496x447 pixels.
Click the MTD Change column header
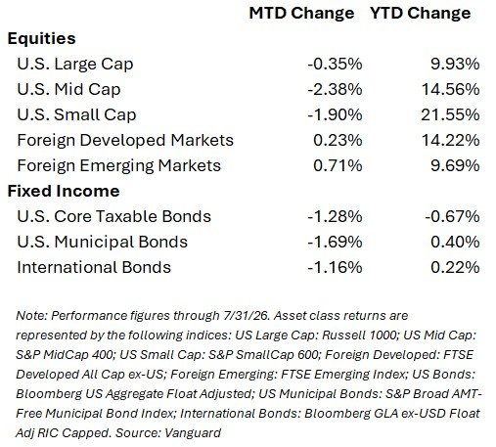tap(301, 14)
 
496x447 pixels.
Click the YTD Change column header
tap(421, 14)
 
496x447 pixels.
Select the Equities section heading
tap(41, 39)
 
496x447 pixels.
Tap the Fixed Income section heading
tap(64, 191)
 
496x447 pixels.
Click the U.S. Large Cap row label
tap(75, 65)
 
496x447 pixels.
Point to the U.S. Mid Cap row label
tap(68, 90)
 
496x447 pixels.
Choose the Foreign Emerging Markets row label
tap(119, 166)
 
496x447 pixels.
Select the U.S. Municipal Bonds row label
tap(103, 243)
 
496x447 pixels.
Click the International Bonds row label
tap(94, 267)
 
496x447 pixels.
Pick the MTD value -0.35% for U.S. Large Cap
tap(335, 64)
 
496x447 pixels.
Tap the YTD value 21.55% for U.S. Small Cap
tap(450, 114)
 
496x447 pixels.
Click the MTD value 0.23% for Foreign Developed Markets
tap(338, 140)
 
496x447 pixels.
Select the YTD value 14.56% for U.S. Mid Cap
tap(451, 89)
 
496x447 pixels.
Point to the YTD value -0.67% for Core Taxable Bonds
tap(452, 216)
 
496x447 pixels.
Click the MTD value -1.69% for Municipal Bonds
tap(335, 242)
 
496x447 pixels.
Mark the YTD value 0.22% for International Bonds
tap(455, 267)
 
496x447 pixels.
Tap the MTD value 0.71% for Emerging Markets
tap(338, 165)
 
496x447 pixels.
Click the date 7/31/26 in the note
tap(247, 316)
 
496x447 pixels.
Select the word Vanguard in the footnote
tap(193, 433)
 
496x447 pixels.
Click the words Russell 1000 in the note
tap(359, 335)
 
